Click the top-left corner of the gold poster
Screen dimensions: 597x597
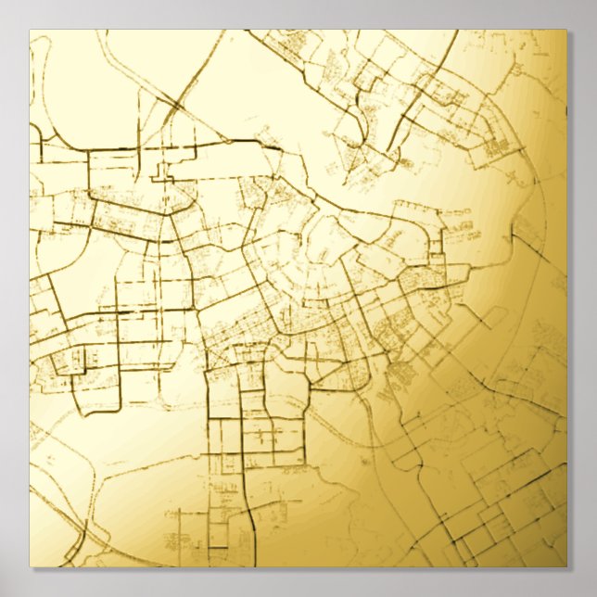click(30, 31)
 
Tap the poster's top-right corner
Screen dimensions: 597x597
click(565, 31)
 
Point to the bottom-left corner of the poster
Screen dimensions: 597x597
click(30, 566)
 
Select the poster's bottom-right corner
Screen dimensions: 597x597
click(565, 566)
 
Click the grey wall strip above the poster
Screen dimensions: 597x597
click(297, 14)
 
